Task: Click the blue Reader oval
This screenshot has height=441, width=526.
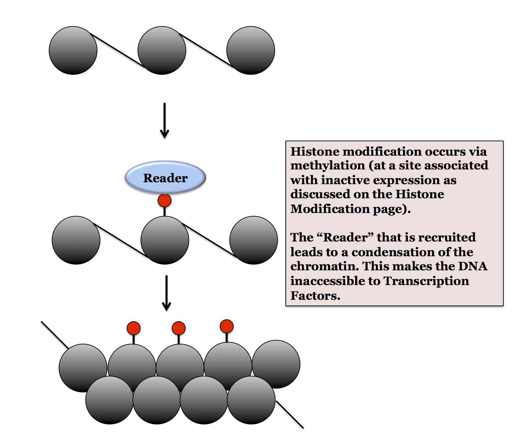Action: pos(165,177)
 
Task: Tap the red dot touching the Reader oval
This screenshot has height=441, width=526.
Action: pos(165,200)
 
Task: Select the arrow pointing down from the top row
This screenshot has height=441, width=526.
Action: pos(165,120)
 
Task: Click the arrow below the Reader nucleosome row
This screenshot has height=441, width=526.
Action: pos(166,293)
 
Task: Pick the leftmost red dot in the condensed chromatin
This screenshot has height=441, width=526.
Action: pos(134,328)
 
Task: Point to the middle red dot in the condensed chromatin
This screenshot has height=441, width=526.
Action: pos(179,328)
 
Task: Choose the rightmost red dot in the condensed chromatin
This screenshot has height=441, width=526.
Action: pos(227,326)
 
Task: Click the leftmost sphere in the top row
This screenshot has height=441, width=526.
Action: pos(73,51)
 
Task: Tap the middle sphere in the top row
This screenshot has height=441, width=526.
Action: pos(162,51)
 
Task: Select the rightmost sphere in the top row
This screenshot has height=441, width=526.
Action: pos(251,51)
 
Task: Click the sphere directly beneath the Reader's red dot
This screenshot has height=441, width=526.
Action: pos(165,240)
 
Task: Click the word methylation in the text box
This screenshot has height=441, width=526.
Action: pos(328,166)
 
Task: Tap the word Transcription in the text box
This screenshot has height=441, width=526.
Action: pos(426,281)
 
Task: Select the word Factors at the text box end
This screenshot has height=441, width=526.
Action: pos(315,296)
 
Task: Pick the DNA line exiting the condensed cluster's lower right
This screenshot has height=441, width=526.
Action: pos(290,414)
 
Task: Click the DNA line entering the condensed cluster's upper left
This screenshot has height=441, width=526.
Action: pos(54,335)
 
